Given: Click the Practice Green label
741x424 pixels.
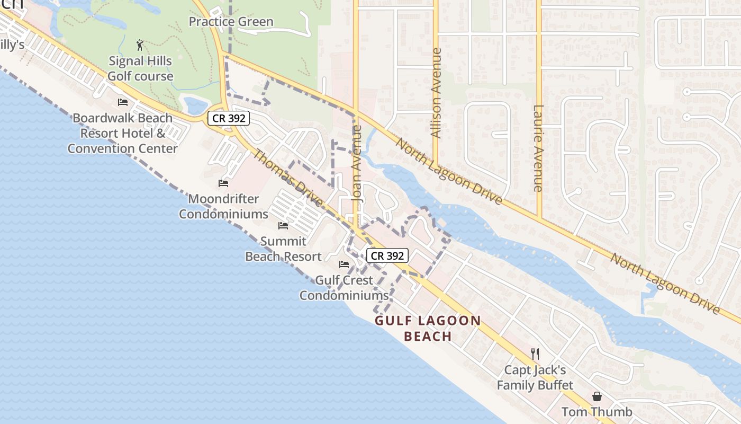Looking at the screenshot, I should click(x=231, y=22).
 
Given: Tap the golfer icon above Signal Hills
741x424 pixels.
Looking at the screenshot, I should click(x=140, y=45).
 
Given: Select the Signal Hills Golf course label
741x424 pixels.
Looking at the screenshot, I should click(x=140, y=68).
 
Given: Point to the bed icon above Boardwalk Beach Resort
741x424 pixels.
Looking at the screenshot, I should click(x=123, y=102).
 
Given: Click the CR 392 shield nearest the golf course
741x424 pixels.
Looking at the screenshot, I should click(x=229, y=118).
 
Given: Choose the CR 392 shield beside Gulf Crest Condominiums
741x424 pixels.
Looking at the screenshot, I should click(x=387, y=255).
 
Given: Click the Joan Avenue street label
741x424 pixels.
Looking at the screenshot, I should click(x=357, y=162).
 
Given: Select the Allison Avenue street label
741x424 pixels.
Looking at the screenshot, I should click(x=436, y=93).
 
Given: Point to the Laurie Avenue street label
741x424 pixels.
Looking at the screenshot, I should click(x=538, y=148).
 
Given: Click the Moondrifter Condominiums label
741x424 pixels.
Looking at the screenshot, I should click(x=223, y=206).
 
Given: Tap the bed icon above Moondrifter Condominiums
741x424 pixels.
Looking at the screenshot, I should click(x=223, y=183).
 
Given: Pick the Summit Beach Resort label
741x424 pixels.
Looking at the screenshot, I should click(x=283, y=249).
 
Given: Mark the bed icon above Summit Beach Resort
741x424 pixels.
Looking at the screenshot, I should click(x=283, y=226).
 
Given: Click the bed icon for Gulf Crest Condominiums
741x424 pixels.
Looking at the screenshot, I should click(x=344, y=264).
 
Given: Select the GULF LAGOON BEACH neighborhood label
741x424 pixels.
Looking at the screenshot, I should click(x=428, y=328).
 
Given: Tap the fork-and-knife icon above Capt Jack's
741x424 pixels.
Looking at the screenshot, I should click(x=535, y=354).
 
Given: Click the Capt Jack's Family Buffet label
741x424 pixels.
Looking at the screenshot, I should click(x=535, y=377).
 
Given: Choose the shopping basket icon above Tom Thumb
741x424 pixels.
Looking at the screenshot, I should click(x=597, y=396).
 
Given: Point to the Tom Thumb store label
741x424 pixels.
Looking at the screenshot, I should click(x=597, y=412).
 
